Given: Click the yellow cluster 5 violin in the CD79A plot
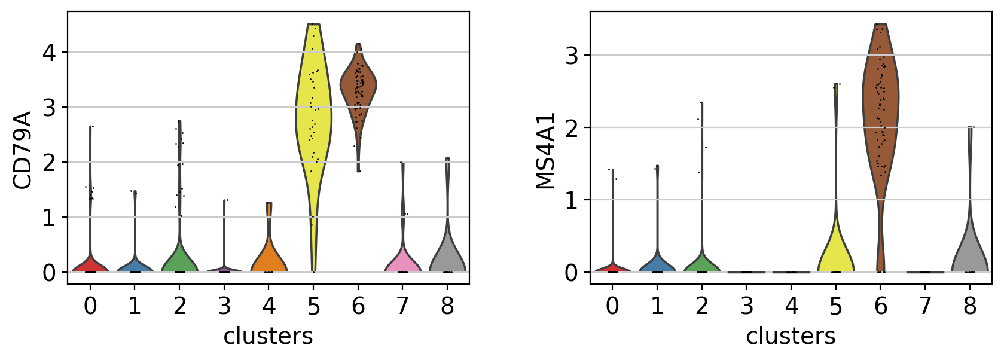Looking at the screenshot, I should [x=313, y=120].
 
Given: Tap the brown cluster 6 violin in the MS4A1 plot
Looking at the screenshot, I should [x=880, y=108].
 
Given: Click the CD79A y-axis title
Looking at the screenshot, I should [x=22, y=150].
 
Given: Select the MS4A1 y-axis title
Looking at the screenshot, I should [x=545, y=151].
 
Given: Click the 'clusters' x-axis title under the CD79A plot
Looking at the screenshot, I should [x=268, y=336].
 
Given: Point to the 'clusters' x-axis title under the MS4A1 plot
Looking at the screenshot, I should [x=791, y=336].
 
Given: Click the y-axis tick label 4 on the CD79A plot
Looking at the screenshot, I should [x=49, y=53].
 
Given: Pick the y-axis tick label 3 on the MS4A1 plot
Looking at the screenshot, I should [x=572, y=56].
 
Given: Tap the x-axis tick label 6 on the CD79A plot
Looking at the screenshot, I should [x=358, y=306].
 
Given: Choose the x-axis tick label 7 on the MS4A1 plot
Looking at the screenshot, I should [x=925, y=306].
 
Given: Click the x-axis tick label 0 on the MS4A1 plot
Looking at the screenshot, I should [x=612, y=306].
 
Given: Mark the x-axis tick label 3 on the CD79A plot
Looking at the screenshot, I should [x=224, y=306].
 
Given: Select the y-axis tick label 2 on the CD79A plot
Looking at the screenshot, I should [x=49, y=163].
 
